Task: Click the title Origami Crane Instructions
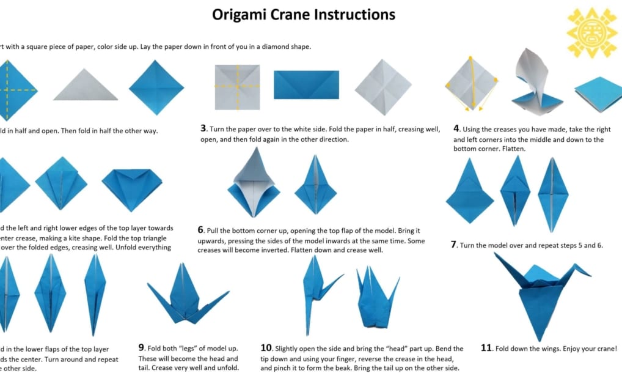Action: coord(304,14)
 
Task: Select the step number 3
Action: coord(203,128)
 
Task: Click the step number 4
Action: coord(456,128)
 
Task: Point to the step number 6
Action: coord(200,230)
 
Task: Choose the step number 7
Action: coord(454,244)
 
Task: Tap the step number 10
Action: coord(266,348)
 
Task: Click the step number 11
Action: coord(486,348)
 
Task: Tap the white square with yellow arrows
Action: coord(471,84)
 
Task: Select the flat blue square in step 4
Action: coord(598,94)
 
